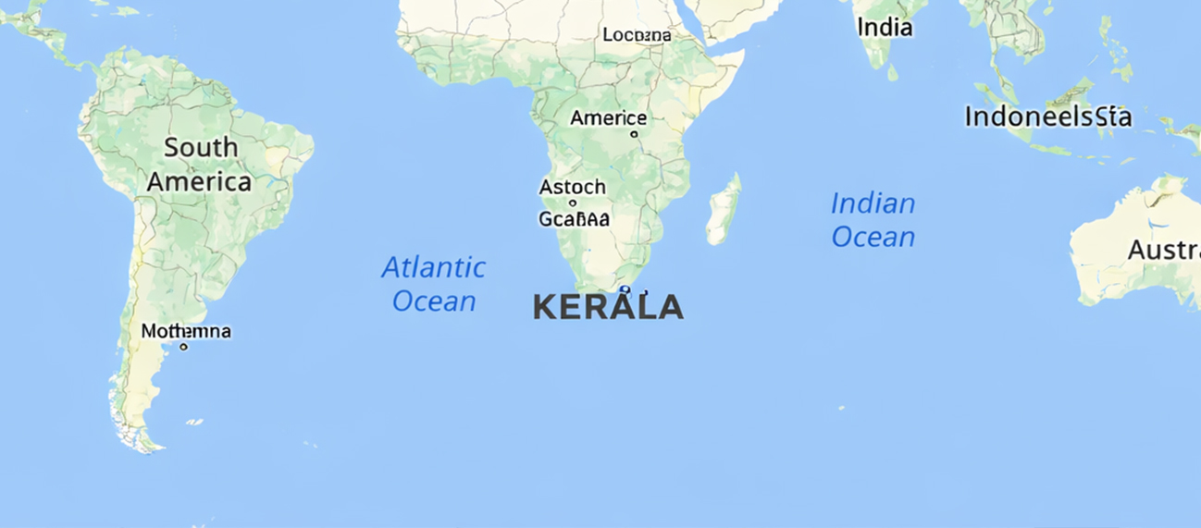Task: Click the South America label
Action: click(x=199, y=165)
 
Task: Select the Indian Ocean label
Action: click(x=873, y=220)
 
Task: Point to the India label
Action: click(x=885, y=28)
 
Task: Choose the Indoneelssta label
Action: click(x=1047, y=117)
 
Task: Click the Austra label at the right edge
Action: click(x=1163, y=250)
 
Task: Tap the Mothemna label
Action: click(x=186, y=331)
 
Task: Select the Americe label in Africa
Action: click(x=608, y=118)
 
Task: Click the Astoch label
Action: click(x=573, y=187)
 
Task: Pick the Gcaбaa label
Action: click(x=574, y=219)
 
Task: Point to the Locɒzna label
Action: click(x=637, y=35)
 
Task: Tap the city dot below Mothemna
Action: click(x=183, y=347)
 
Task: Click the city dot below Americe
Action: click(x=634, y=134)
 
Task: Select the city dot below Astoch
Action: click(x=573, y=203)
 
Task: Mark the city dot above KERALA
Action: click(x=625, y=290)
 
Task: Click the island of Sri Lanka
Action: click(x=892, y=71)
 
